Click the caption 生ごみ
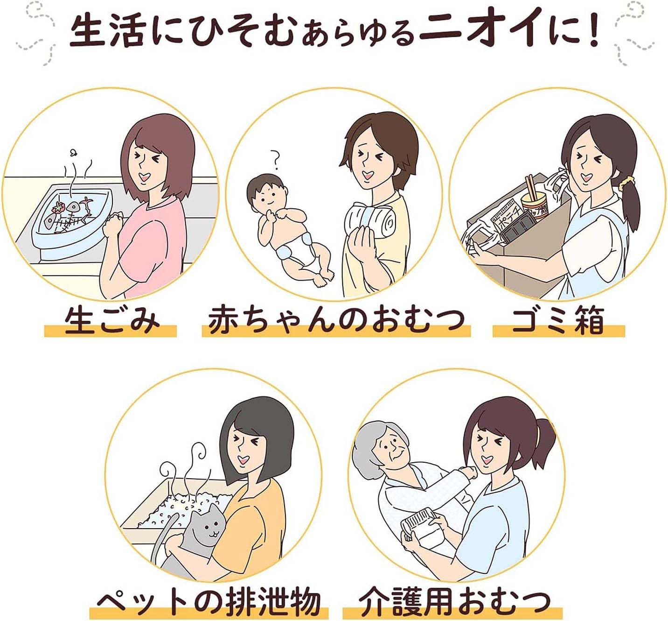coord(111,322)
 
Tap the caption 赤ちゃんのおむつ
coord(336,322)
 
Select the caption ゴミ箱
coord(558,322)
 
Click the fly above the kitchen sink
coord(73,153)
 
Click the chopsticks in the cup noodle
coord(530,187)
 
